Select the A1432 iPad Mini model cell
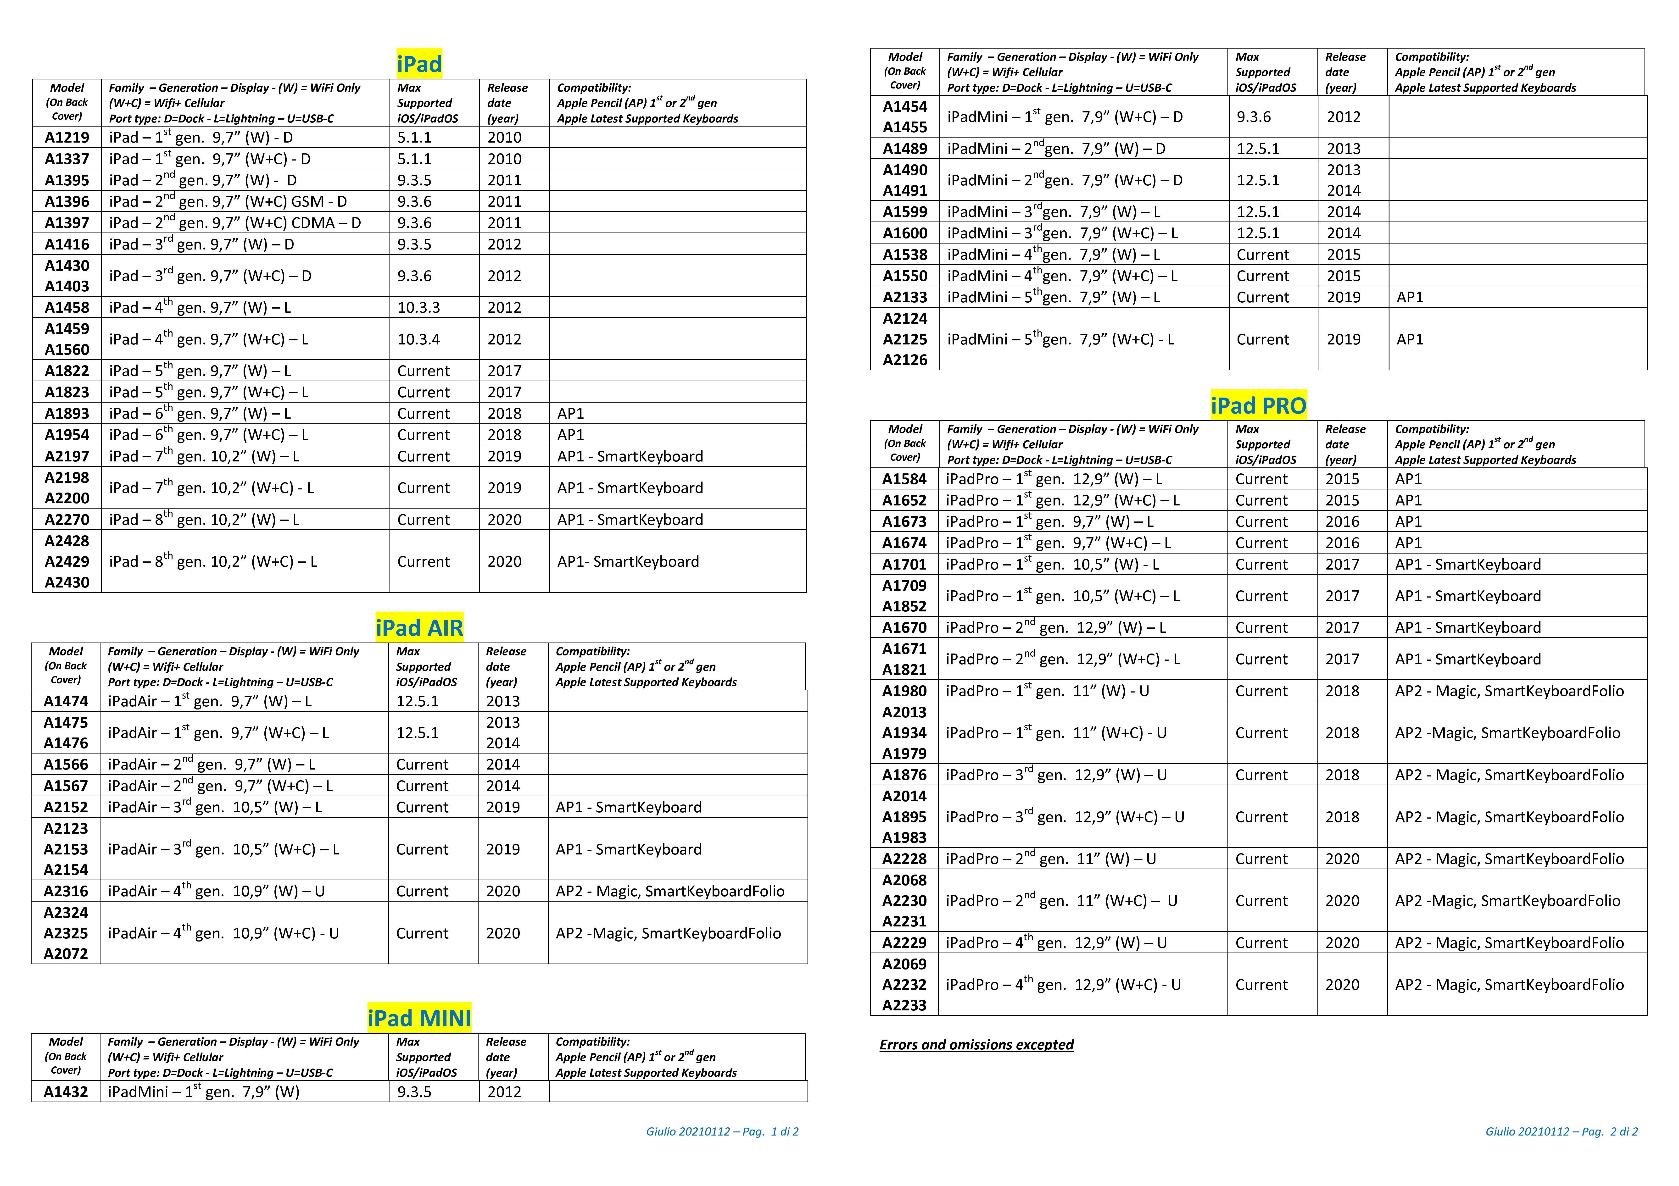pos(66,1092)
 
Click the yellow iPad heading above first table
pos(419,64)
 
